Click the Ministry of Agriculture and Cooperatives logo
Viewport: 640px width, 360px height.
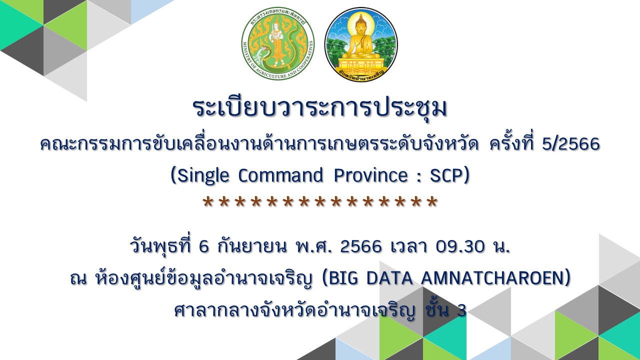(277, 43)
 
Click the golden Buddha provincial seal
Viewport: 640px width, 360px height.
(361, 44)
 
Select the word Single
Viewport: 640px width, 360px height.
(203, 175)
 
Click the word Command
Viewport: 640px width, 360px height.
(281, 175)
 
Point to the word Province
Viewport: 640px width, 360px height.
(370, 175)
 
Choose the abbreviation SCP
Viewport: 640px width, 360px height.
(446, 175)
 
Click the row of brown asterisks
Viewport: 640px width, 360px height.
(320, 202)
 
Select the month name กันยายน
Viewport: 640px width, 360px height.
(252, 245)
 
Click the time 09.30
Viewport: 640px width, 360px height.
(460, 246)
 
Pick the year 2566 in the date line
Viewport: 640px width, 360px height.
(361, 246)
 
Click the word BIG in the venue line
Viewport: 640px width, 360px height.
(343, 277)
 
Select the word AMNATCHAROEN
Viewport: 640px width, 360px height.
(492, 277)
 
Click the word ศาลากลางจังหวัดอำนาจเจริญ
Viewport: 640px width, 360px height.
(294, 310)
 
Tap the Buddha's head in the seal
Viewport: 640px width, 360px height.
(361, 23)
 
